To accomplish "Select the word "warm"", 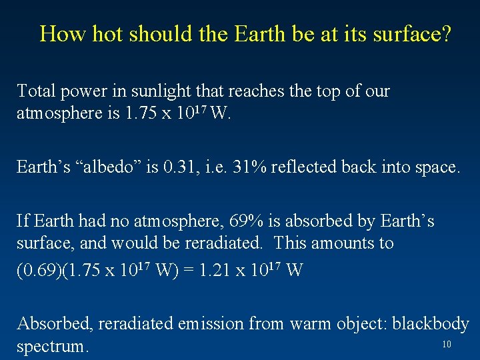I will click(x=314, y=324).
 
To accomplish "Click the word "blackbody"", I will click(x=431, y=324).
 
